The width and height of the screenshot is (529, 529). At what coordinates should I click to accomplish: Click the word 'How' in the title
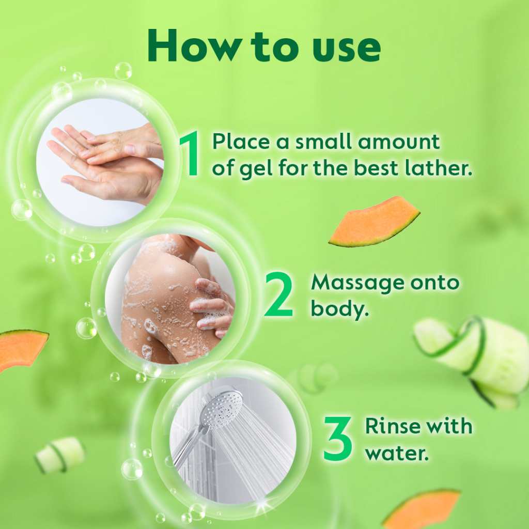tap(194, 45)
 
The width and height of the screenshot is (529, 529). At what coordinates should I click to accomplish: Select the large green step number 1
tap(191, 153)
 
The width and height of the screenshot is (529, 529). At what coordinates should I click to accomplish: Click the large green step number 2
tap(278, 294)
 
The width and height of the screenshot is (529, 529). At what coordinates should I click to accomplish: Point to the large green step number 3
tap(337, 438)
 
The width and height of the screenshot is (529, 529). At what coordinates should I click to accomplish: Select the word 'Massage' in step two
tap(357, 283)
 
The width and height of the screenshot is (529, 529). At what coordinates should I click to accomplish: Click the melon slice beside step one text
tap(374, 222)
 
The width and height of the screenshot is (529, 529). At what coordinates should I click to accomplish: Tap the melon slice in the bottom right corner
tap(422, 509)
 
